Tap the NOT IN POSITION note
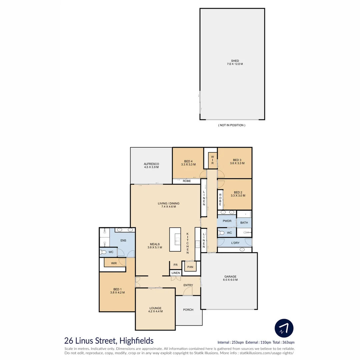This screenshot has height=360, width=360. pyautogui.click(x=232, y=125)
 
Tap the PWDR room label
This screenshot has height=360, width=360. pyautogui.click(x=227, y=221)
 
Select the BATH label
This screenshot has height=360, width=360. pyautogui.click(x=244, y=223)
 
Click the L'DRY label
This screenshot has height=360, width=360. pyautogui.click(x=235, y=243)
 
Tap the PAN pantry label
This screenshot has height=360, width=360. pyautogui.click(x=190, y=267)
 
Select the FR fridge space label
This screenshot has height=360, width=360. pyautogui.click(x=175, y=265)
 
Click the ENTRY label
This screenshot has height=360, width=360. pyautogui.click(x=188, y=285)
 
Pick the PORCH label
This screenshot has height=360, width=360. pyautogui.click(x=188, y=310)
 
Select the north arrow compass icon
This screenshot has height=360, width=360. pyautogui.click(x=284, y=328)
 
